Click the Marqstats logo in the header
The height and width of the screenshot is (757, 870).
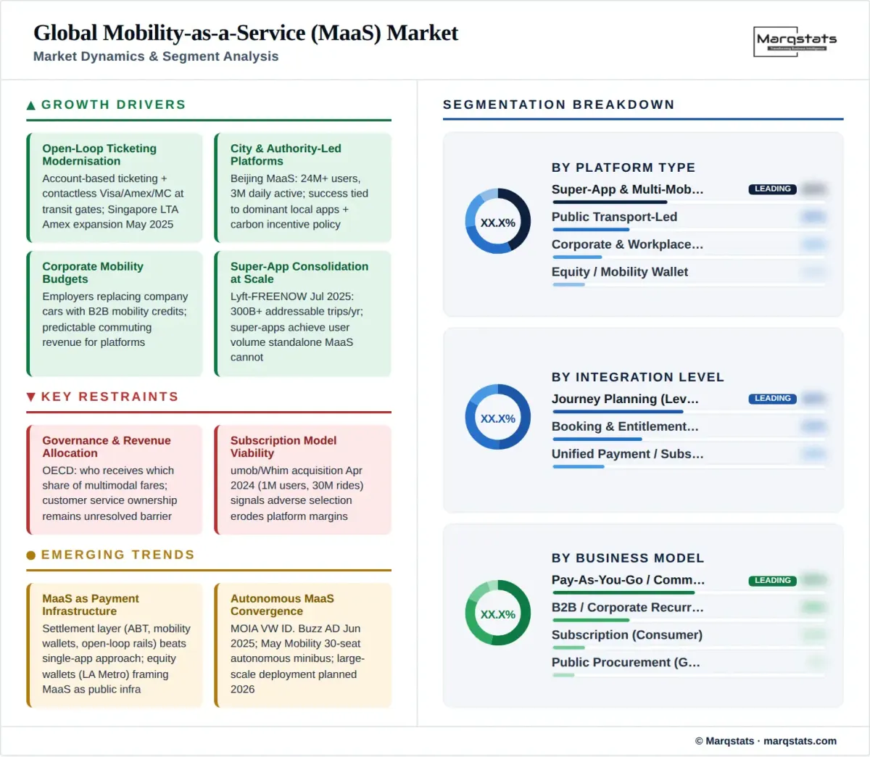click(x=795, y=41)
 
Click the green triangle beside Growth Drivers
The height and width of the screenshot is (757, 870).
click(x=31, y=106)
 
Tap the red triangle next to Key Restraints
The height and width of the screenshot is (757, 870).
click(x=31, y=397)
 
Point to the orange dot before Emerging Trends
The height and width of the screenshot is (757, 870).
click(x=31, y=555)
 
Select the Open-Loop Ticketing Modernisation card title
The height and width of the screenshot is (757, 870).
click(x=99, y=154)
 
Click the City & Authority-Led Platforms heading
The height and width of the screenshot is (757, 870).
click(x=286, y=154)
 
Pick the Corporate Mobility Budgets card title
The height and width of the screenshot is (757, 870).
click(x=93, y=273)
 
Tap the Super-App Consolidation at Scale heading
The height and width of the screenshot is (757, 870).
click(x=299, y=273)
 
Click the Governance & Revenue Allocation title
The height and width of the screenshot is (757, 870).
click(x=107, y=447)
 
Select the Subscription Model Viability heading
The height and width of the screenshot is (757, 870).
click(x=283, y=447)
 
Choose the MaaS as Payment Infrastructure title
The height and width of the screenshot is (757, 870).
click(x=91, y=605)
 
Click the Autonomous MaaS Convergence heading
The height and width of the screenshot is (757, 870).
click(x=282, y=605)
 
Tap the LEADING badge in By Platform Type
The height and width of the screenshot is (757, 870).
click(x=772, y=189)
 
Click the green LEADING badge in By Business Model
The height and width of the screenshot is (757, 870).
click(x=772, y=581)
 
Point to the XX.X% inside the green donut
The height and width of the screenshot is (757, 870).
click(x=498, y=614)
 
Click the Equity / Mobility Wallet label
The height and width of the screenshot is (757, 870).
click(x=620, y=272)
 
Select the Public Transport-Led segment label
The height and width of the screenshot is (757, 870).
click(x=614, y=217)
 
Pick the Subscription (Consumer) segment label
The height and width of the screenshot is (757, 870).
click(x=627, y=635)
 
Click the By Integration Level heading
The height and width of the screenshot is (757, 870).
click(x=638, y=377)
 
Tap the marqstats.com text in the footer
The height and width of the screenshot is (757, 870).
click(x=800, y=741)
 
